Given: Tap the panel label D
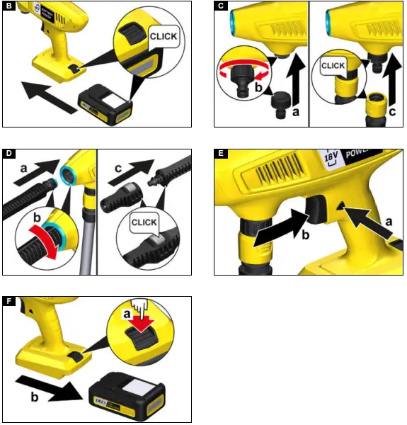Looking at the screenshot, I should pyautogui.click(x=9, y=154).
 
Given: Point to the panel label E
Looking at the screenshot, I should pyautogui.click(x=221, y=154).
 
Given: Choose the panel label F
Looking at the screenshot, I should pyautogui.click(x=9, y=302).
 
